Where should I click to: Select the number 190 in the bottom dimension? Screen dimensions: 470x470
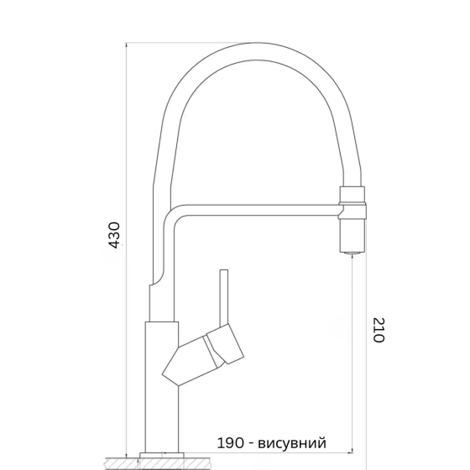coord(229,443)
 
